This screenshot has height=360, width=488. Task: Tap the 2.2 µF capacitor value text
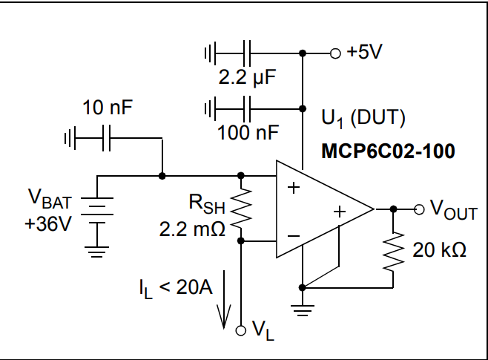243,76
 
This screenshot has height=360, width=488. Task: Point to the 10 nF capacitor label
107,108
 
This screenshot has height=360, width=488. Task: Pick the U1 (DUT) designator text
363,118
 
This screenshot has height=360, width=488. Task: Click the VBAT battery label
50,198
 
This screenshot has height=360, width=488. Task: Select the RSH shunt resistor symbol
241,208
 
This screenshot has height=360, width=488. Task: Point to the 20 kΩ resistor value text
440,251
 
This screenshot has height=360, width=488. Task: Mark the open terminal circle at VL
241,330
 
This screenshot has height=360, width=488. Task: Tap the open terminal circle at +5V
334,53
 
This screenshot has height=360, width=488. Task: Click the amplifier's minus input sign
294,236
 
